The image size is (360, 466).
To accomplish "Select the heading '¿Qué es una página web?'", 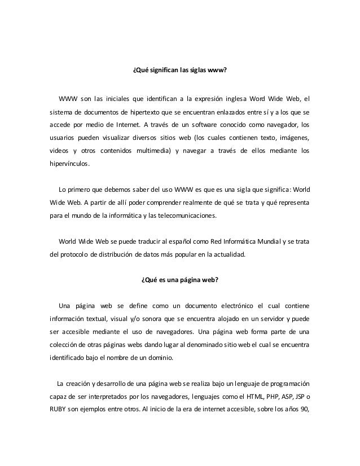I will [179, 280].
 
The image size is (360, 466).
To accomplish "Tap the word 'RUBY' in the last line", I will [59, 410].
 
